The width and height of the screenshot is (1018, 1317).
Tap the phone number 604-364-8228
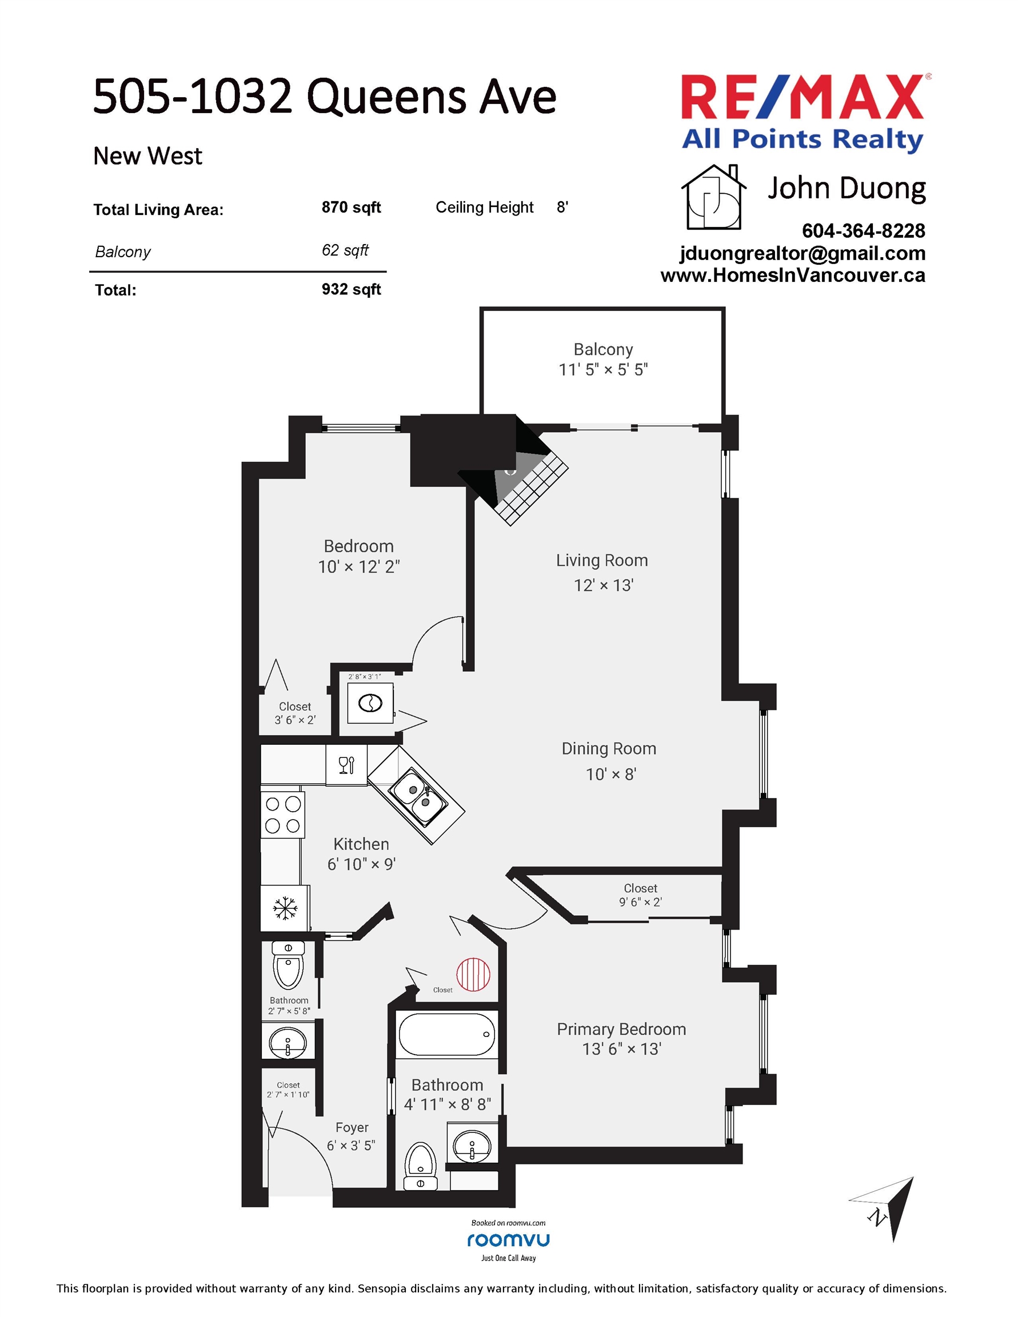tap(863, 231)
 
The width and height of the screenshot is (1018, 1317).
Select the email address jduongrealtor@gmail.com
tap(802, 253)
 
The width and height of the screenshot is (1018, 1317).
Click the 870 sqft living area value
tap(351, 207)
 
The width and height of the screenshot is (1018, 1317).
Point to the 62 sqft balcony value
tap(345, 250)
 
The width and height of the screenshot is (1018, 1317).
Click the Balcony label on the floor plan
tap(603, 349)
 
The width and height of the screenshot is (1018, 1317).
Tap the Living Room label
tap(602, 560)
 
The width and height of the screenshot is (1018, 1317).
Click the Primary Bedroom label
tap(621, 1029)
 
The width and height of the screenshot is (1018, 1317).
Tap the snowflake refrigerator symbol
tap(285, 908)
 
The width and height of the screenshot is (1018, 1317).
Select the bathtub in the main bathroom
tap(447, 1034)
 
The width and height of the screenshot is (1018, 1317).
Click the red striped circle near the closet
tap(473, 975)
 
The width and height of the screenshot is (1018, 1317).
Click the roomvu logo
tap(508, 1240)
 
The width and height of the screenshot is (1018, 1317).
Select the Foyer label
tap(352, 1128)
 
